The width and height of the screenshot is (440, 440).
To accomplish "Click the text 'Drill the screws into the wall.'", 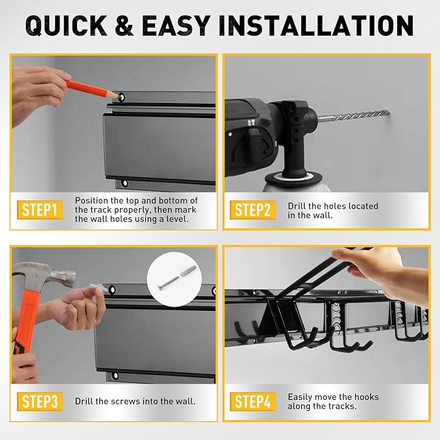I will (135, 401).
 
